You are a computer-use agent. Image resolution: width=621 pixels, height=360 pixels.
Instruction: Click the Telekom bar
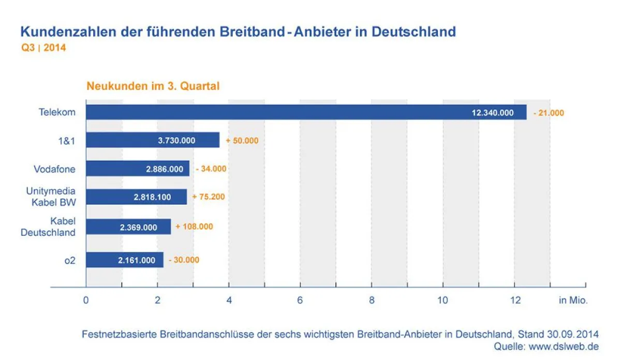tap(305, 112)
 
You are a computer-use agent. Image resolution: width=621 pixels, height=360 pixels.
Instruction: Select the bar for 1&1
tap(152, 140)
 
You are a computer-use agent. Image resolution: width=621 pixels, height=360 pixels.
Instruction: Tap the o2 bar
tap(124, 260)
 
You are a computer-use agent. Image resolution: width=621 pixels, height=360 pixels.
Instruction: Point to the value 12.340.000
tap(493, 112)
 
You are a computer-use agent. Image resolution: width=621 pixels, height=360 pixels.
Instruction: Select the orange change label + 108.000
tap(194, 227)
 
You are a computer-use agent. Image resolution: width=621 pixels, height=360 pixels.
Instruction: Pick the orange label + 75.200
tap(208, 197)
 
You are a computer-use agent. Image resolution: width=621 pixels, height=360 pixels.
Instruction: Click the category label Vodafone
tap(54, 169)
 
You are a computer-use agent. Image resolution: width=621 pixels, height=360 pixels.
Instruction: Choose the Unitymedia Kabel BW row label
tap(51, 197)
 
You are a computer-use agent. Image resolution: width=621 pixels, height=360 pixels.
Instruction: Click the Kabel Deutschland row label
tap(48, 227)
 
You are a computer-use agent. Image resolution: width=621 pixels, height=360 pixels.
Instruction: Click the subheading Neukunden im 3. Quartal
tap(153, 86)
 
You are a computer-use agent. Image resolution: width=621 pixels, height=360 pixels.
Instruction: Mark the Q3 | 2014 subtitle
tap(43, 48)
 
